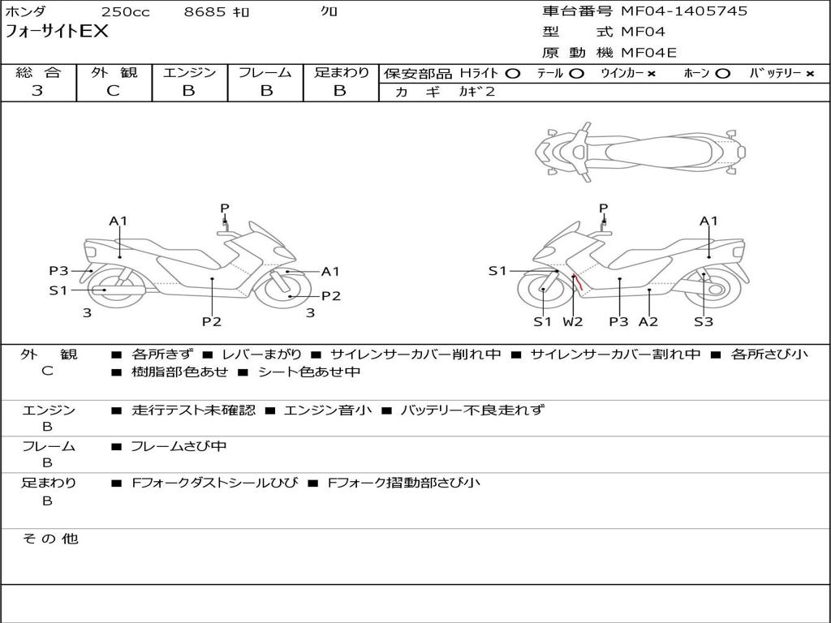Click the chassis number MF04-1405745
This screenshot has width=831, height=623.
click(684, 11)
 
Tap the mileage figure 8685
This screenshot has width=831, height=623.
click(205, 11)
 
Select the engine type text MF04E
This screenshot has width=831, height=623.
click(648, 53)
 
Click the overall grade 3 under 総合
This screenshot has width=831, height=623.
click(37, 91)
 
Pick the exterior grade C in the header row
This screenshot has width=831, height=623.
click(113, 91)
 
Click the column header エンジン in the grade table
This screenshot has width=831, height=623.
click(189, 72)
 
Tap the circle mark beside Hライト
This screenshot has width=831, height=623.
click(512, 74)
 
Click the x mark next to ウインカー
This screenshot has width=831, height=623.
click(652, 74)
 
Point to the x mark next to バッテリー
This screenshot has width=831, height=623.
click(810, 74)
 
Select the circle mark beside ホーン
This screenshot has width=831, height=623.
click(722, 74)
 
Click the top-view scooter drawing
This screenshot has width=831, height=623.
click(640, 153)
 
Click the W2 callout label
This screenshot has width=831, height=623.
click(572, 321)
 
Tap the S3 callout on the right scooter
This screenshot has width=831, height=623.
click(704, 321)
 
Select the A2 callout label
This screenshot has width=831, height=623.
click(648, 321)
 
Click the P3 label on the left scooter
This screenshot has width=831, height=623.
click(58, 271)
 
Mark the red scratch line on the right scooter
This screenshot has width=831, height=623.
click(578, 283)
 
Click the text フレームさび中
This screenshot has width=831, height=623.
click(179, 447)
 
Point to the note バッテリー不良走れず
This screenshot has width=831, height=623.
click(472, 410)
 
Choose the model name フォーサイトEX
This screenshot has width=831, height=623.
click(56, 32)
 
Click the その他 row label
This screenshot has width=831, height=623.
click(50, 539)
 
